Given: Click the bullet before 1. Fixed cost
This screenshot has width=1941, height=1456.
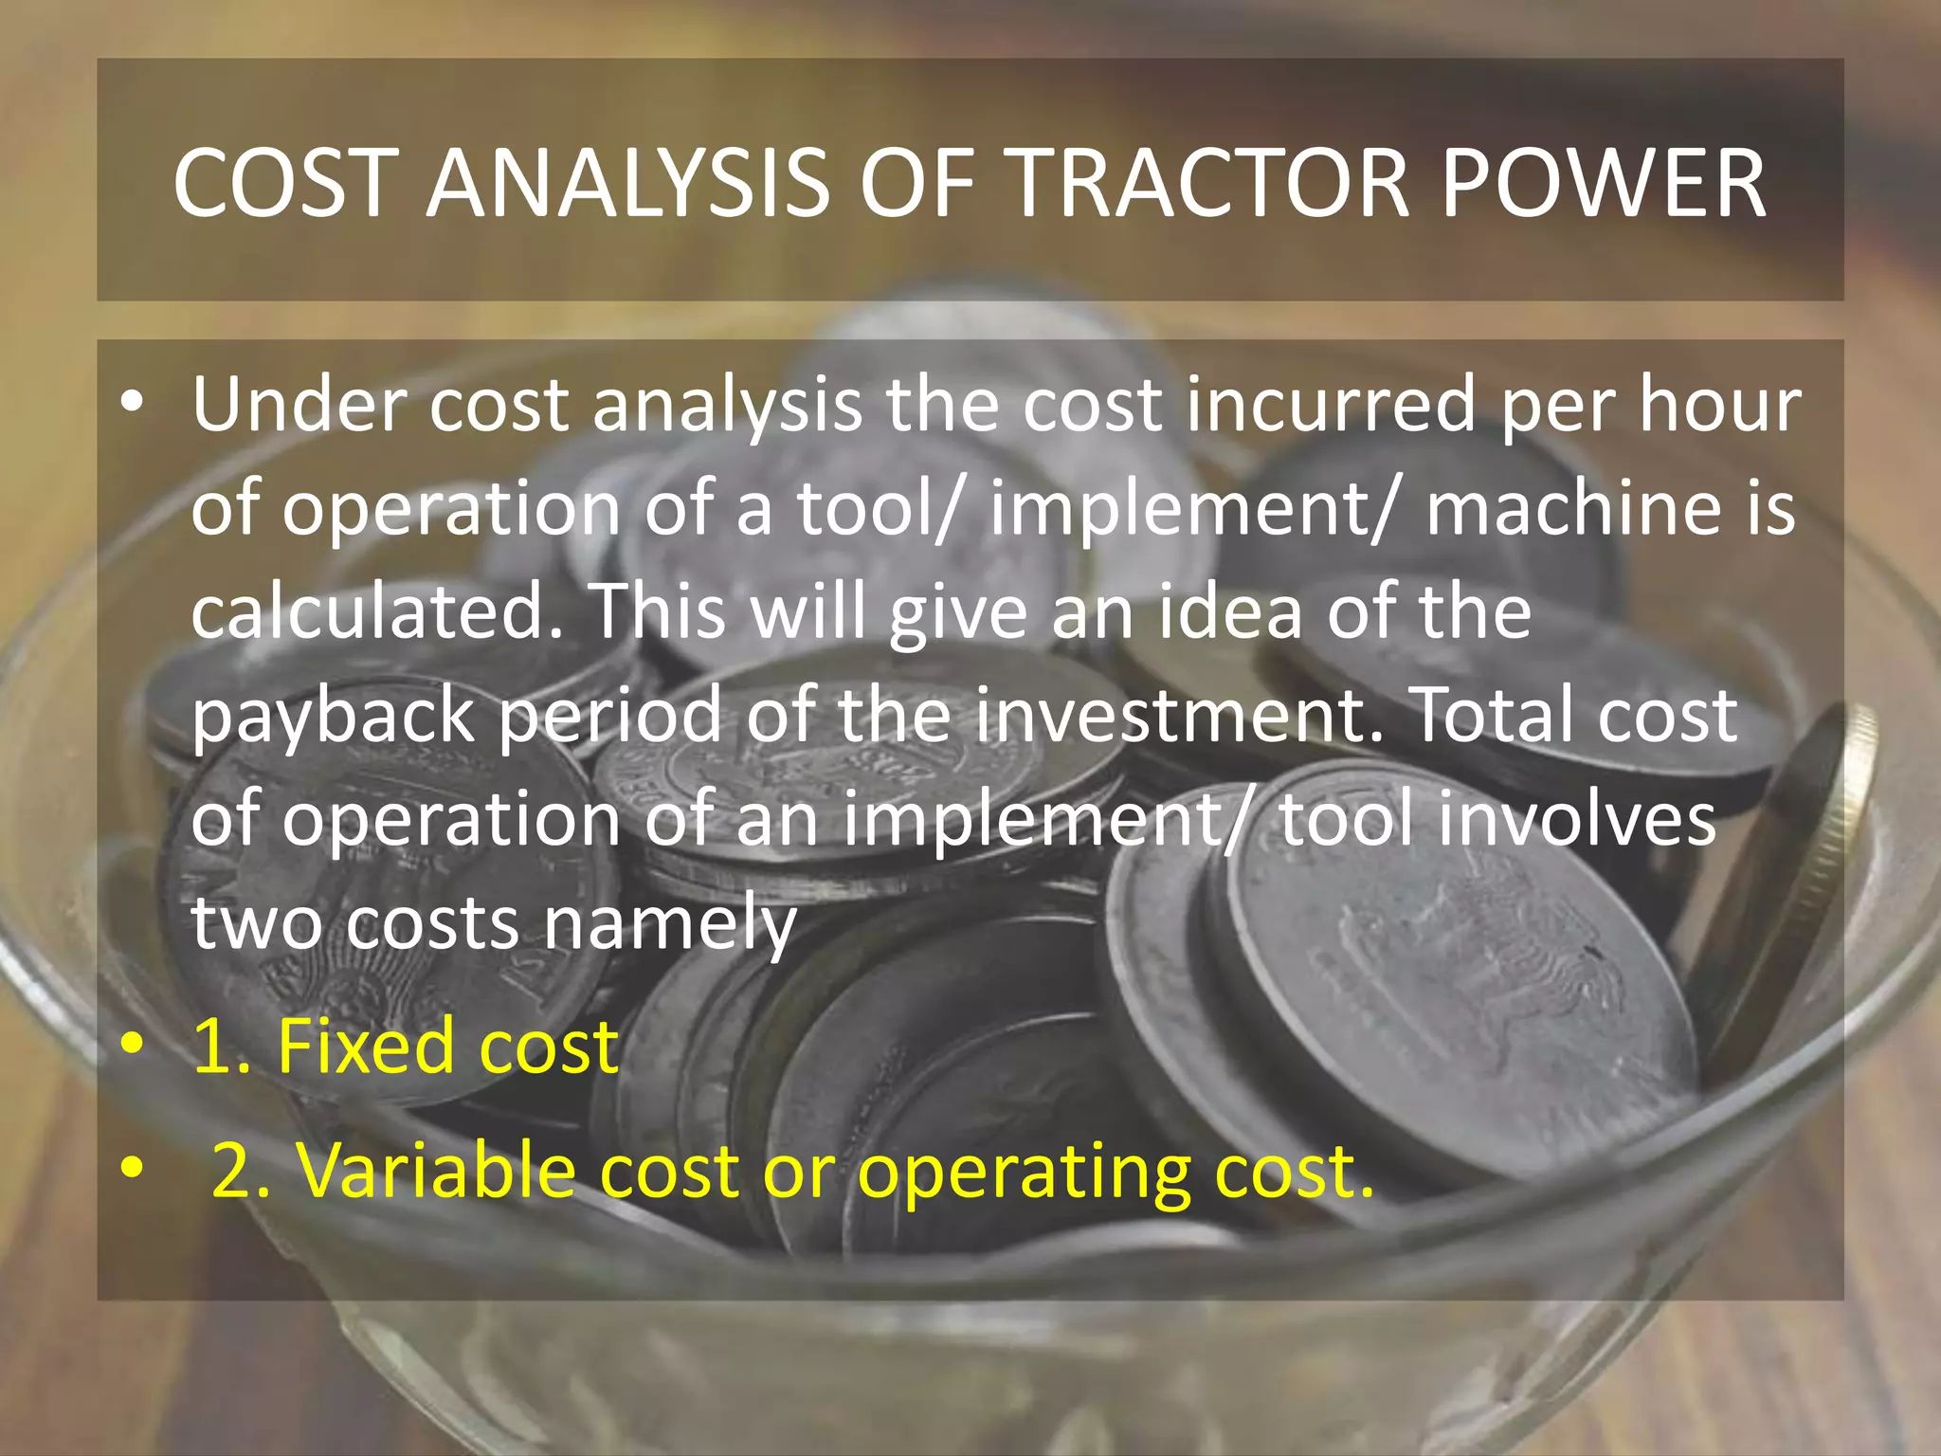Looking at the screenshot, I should click(133, 1045).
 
